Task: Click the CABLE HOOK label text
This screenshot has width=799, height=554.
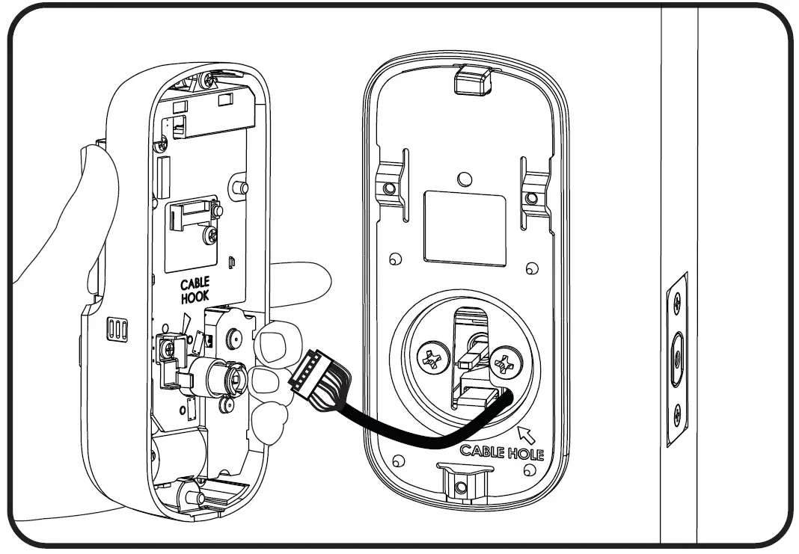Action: coord(195,289)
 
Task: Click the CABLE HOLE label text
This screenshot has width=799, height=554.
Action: coord(500,451)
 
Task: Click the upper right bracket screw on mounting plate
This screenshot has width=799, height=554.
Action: coord(531,198)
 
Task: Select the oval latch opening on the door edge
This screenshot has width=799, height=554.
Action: coord(676,357)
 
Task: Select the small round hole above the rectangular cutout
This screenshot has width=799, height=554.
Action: coord(465,179)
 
